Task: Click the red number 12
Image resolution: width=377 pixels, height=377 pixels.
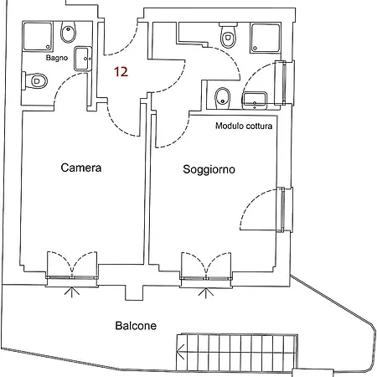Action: [121, 72]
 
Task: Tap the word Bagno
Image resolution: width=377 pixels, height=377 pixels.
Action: [57, 58]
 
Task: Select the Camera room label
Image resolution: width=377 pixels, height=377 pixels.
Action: [81, 168]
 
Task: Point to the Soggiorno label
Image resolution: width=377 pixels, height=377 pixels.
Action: [209, 169]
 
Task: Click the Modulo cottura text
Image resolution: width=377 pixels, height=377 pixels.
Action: [244, 126]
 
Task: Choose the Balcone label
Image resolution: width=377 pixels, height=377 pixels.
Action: [136, 326]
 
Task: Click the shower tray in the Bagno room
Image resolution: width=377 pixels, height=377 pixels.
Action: [38, 37]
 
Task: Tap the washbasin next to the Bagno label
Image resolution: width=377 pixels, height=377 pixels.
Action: [83, 59]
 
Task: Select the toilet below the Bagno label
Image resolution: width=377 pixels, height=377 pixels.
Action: [34, 81]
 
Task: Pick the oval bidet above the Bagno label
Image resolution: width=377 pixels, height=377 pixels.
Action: [68, 32]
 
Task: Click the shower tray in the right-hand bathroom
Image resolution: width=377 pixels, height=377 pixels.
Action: [266, 38]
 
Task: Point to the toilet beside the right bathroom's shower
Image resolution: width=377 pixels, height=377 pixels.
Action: [228, 35]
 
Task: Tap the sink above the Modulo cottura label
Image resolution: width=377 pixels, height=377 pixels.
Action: [255, 101]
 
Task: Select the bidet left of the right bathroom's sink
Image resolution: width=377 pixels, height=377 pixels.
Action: [223, 99]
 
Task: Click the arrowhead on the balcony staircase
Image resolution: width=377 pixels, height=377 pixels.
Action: [180, 352]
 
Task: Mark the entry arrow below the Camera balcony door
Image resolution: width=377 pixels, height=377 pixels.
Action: [72, 292]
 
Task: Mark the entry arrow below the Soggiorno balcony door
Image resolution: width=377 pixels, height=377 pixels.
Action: [206, 292]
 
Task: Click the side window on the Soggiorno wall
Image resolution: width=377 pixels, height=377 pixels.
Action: [283, 209]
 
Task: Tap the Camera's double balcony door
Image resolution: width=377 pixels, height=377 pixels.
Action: [72, 266]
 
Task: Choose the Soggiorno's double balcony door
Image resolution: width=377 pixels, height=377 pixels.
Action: [206, 266]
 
